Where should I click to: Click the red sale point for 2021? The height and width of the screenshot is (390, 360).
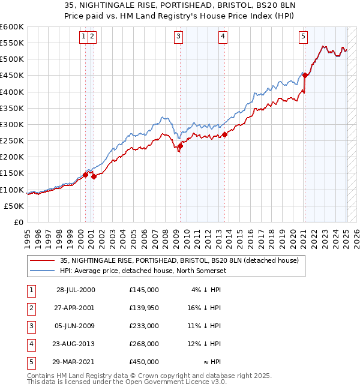click(x=305, y=75)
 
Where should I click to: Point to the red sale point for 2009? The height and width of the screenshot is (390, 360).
click(x=180, y=146)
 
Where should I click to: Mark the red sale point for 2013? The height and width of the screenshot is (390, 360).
click(x=224, y=134)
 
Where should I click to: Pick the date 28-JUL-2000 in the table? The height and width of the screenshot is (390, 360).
click(x=76, y=290)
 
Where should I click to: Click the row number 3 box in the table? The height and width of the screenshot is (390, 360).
click(x=29, y=326)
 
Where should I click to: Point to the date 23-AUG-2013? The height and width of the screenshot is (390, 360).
click(x=76, y=344)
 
